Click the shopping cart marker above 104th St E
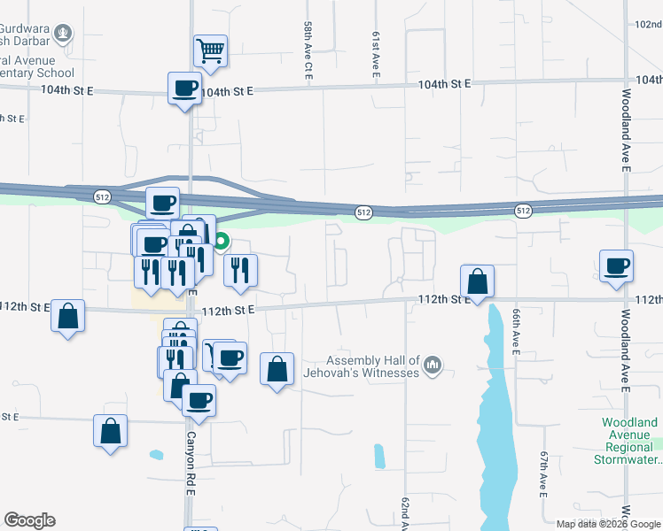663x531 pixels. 211,51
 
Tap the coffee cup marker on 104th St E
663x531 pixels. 185,88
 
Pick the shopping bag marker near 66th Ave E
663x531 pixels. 477,281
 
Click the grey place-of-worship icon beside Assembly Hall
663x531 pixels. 433,365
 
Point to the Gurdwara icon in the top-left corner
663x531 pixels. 63,35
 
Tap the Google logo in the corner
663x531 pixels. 29,520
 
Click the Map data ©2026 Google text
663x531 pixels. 607,524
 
